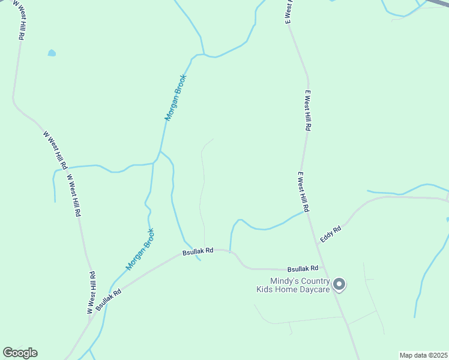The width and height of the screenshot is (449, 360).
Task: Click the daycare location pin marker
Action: (x=339, y=284)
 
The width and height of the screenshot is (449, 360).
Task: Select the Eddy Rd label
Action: (x=331, y=233)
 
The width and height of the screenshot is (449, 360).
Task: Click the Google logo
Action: (x=20, y=353)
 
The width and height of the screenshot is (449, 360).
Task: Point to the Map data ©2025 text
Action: (x=423, y=355)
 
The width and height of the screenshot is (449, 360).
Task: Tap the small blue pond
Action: (x=52, y=53)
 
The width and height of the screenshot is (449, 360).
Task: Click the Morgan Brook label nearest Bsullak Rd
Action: (x=140, y=248)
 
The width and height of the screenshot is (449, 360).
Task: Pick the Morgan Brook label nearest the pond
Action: (x=176, y=98)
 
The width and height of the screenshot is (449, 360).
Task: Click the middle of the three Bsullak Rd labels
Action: (x=198, y=251)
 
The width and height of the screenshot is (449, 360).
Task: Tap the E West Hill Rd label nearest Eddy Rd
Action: (x=303, y=191)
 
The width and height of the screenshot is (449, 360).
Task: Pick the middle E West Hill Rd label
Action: (x=307, y=111)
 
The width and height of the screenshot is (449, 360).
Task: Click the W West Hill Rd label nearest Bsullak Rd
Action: (x=91, y=293)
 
